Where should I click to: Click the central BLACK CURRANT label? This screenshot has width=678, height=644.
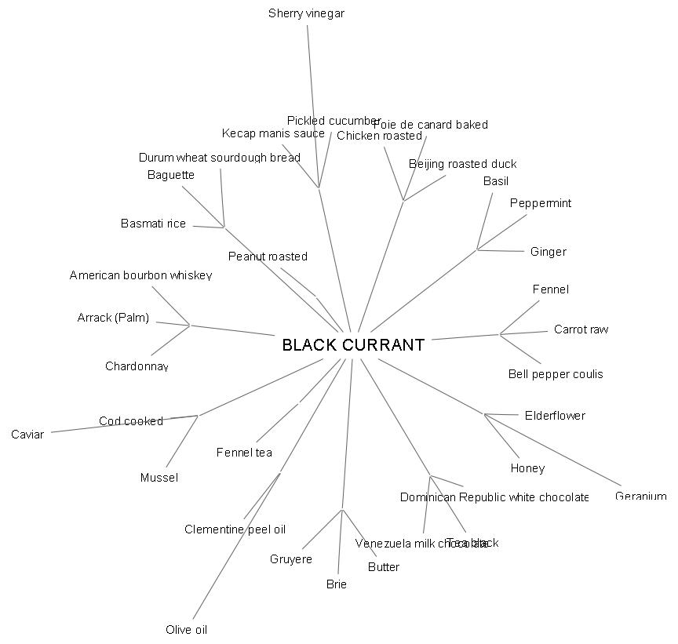(353, 345)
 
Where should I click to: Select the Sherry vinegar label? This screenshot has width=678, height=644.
(306, 13)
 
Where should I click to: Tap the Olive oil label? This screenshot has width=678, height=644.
(186, 630)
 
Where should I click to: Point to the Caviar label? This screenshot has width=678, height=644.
(27, 434)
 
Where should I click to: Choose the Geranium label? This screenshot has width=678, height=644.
(640, 497)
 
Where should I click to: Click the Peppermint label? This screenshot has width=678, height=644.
(541, 203)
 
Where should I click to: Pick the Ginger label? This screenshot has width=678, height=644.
(548, 252)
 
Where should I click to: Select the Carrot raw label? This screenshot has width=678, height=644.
(581, 329)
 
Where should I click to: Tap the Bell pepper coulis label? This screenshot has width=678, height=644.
(556, 374)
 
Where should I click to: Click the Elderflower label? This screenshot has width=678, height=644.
(555, 416)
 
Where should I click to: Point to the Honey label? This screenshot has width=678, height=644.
(527, 468)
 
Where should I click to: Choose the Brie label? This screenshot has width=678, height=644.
(337, 584)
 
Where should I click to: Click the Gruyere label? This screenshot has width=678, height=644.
(291, 559)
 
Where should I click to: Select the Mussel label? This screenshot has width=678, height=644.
(159, 478)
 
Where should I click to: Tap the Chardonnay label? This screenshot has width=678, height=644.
(137, 366)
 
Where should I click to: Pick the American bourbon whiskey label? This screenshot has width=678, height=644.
(140, 275)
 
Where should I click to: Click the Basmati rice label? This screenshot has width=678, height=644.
(153, 224)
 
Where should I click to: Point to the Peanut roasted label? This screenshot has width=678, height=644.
(268, 257)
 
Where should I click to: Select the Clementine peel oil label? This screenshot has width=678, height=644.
(235, 529)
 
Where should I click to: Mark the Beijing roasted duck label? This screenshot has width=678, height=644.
(462, 164)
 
